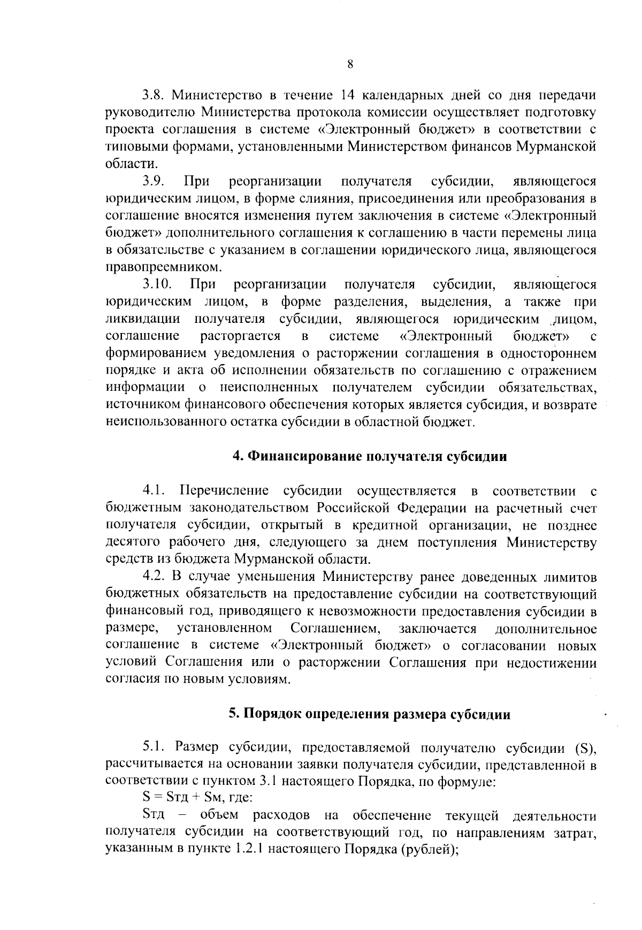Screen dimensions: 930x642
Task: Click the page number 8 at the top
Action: pyautogui.click(x=350, y=65)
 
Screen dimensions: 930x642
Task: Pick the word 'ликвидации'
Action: pyautogui.click(x=142, y=319)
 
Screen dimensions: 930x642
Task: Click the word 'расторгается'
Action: pyautogui.click(x=241, y=336)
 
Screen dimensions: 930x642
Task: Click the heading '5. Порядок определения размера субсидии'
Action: pyautogui.click(x=369, y=714)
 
